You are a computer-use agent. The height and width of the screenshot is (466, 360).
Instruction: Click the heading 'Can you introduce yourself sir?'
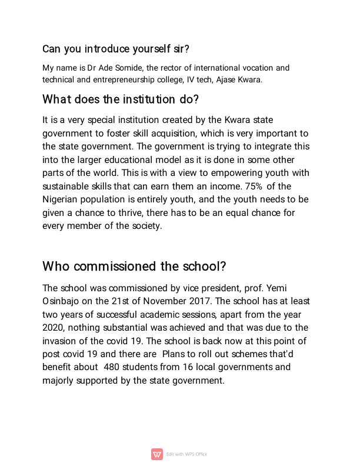pos(115,48)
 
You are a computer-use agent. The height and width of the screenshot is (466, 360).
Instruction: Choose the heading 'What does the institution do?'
pos(121,99)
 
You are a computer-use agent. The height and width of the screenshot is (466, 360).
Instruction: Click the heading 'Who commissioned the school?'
pos(134,267)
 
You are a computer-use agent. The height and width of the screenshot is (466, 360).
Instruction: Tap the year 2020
pos(54,327)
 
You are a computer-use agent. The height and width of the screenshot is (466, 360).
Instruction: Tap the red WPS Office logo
pos(157,454)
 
